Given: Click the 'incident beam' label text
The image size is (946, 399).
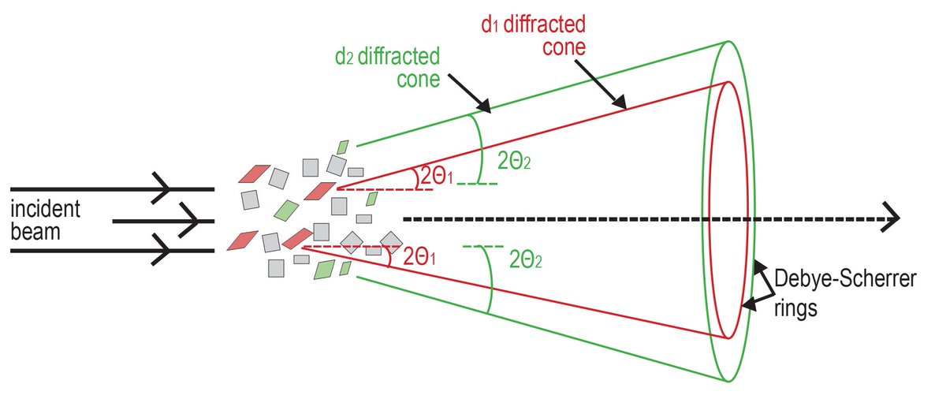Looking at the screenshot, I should (x=45, y=222).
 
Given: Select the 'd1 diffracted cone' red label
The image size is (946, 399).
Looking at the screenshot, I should (x=534, y=35).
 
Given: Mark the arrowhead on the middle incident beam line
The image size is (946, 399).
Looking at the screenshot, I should (x=191, y=221).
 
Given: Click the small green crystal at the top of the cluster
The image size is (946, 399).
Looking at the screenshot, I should (x=343, y=147).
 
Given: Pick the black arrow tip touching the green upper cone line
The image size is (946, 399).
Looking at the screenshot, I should (x=488, y=112).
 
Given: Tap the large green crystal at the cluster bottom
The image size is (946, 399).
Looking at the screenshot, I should (x=324, y=270).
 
